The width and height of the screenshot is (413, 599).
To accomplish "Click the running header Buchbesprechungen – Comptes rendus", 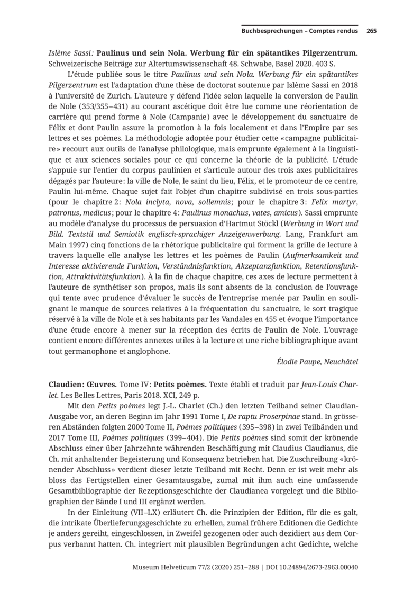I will pos(300,31).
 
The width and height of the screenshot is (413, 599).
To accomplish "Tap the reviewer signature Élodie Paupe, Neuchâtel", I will pos(317,362).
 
